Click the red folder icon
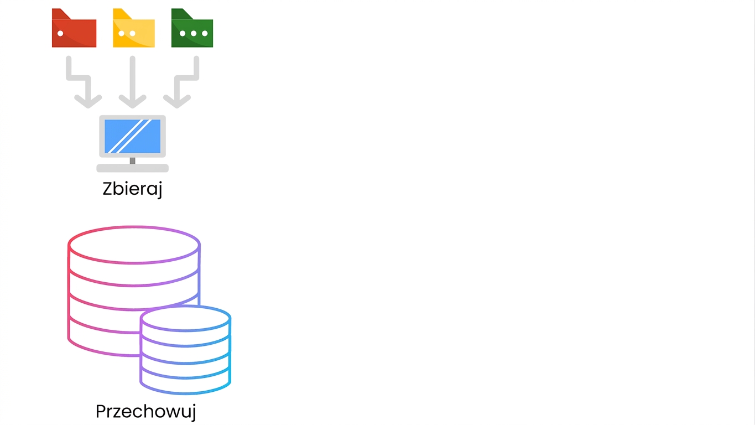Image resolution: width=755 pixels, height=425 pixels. pos(74,28)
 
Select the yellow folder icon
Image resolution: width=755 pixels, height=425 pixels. pos(134,28)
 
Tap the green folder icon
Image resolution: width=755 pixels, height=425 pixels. pos(192,28)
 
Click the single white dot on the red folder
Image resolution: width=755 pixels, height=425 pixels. pos(60,33)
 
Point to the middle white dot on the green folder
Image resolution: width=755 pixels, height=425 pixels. pos(194,33)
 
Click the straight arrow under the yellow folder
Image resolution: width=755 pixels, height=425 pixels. pos(132,82)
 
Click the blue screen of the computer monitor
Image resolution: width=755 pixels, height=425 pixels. pos(132,136)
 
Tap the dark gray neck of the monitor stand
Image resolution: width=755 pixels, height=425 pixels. pos(132,161)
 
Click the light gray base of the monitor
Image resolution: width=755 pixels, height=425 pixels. pos(132,168)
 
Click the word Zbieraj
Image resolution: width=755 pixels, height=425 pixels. pos(132,189)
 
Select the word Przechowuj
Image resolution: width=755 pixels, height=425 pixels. pos(145,412)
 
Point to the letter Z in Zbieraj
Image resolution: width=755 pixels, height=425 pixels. pos(108,189)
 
